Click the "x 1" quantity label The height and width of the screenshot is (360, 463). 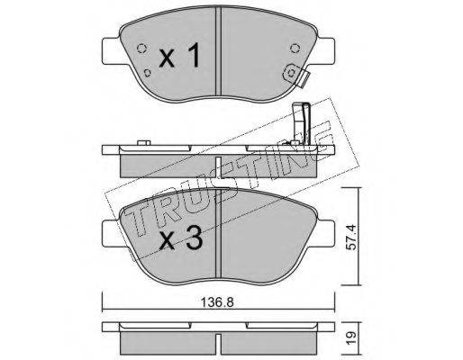(x=179, y=55)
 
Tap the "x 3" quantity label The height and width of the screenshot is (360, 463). (x=180, y=238)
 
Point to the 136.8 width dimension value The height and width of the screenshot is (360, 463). (x=217, y=302)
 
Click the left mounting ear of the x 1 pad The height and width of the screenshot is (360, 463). (x=112, y=50)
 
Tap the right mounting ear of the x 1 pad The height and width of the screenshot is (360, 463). (x=326, y=50)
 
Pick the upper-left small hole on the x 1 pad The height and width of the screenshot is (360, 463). (x=141, y=48)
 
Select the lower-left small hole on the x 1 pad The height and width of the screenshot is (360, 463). (x=148, y=72)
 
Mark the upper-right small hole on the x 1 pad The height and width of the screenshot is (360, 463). (x=295, y=48)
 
